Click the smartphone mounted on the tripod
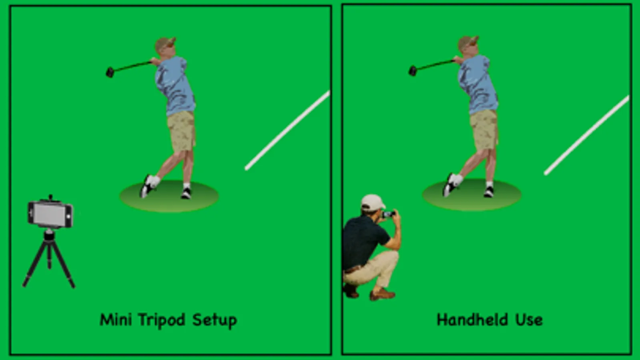[x=50, y=214]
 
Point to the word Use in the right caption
[x=529, y=320]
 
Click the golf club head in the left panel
[x=110, y=72]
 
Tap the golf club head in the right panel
[x=412, y=70]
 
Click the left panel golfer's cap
[x=165, y=43]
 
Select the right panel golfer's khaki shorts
[x=484, y=130]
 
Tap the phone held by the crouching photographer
[x=389, y=214]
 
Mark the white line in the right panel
[x=587, y=135]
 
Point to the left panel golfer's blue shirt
[x=174, y=86]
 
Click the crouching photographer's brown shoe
[x=382, y=295]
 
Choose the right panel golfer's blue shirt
[x=477, y=84]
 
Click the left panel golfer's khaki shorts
[x=182, y=132]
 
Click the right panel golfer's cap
[x=468, y=42]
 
